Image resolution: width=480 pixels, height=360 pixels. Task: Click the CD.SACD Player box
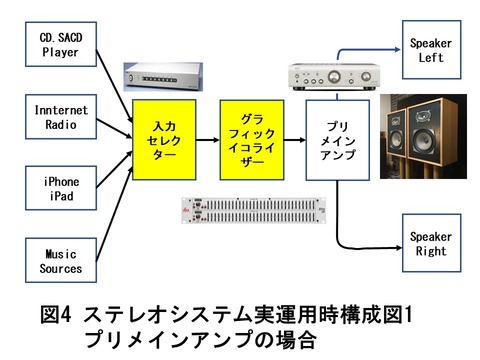[x=61, y=44]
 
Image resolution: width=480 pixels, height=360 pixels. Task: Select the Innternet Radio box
[x=61, y=117]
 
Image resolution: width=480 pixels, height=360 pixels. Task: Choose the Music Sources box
[x=61, y=261]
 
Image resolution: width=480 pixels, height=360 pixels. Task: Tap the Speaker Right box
[x=430, y=244]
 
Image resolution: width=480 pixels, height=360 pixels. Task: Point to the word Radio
[x=60, y=125]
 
